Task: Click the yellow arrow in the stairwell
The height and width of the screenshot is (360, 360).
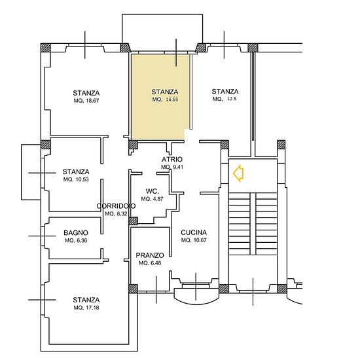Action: pos(238,173)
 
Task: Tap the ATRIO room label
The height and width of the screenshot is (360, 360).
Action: pos(172,159)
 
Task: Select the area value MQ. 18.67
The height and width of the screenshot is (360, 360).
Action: pos(86,101)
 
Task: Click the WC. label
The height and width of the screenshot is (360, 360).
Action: pos(153,191)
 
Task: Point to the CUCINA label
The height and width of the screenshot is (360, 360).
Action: pos(194,232)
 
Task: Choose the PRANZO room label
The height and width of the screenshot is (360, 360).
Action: pos(150,255)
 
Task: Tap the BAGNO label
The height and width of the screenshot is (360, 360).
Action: pos(76,233)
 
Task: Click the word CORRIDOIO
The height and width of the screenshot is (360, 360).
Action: pos(116,206)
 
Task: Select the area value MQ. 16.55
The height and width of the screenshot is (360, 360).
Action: pos(165,99)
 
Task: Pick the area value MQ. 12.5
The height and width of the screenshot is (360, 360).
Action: pos(225,99)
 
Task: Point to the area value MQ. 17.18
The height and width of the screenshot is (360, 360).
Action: pos(86,308)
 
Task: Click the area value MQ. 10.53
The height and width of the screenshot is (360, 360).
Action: pos(76,179)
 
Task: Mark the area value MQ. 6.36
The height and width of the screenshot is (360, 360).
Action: pos(76,241)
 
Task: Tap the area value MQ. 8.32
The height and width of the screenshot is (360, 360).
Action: pos(116,214)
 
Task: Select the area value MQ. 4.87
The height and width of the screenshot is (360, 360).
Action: pos(153,199)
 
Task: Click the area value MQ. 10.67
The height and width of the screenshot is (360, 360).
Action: pos(194,240)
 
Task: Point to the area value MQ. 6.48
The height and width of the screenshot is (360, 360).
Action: pos(150,263)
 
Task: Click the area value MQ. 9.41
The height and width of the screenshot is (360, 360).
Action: pos(172,167)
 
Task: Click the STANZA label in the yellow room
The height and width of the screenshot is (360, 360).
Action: pos(165,92)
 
